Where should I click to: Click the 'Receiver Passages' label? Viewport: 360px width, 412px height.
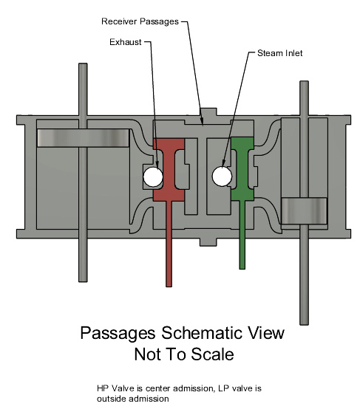[140, 21]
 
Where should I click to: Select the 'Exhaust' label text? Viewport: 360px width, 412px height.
[126, 42]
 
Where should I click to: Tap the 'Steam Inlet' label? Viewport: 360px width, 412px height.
[279, 53]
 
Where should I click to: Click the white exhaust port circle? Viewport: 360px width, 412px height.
[153, 176]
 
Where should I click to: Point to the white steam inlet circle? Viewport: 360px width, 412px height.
[222, 176]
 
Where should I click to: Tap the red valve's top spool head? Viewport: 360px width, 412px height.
[169, 144]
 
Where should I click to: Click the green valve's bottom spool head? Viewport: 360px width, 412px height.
[242, 194]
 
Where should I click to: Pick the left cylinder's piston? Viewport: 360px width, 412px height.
[83, 138]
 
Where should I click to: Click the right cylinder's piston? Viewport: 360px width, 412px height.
[304, 210]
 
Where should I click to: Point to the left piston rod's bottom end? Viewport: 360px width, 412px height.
[83, 281]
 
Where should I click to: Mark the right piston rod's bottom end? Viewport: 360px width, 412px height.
[305, 324]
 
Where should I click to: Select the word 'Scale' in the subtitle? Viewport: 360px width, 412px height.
[212, 354]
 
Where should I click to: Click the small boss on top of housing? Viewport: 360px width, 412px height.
[208, 111]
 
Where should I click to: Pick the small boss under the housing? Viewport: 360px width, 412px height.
[208, 242]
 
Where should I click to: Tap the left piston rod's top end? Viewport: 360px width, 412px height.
[83, 63]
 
